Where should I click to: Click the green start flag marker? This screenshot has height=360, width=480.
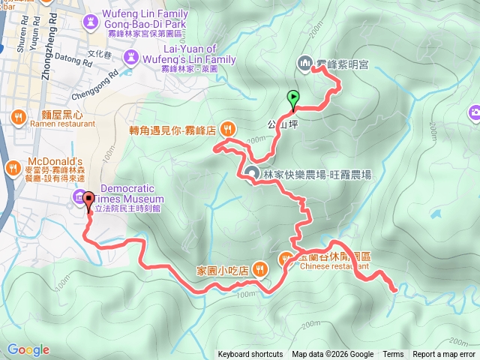[292, 97]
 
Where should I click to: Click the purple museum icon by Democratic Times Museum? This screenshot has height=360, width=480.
[80, 197]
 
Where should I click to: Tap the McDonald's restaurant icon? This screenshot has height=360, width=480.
[13, 167]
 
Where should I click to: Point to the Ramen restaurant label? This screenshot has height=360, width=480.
[50, 127]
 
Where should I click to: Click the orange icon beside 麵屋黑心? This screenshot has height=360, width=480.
[17, 116]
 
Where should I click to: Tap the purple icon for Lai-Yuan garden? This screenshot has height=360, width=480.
[132, 56]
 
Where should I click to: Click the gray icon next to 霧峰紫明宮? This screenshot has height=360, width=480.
[305, 64]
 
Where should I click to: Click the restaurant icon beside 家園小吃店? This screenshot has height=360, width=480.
[259, 268]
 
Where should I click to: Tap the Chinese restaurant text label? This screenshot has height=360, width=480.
[334, 265]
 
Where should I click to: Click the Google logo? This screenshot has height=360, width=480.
[28, 349]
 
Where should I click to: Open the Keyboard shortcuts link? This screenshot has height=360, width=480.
[250, 355]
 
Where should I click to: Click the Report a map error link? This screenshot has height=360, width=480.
[444, 355]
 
